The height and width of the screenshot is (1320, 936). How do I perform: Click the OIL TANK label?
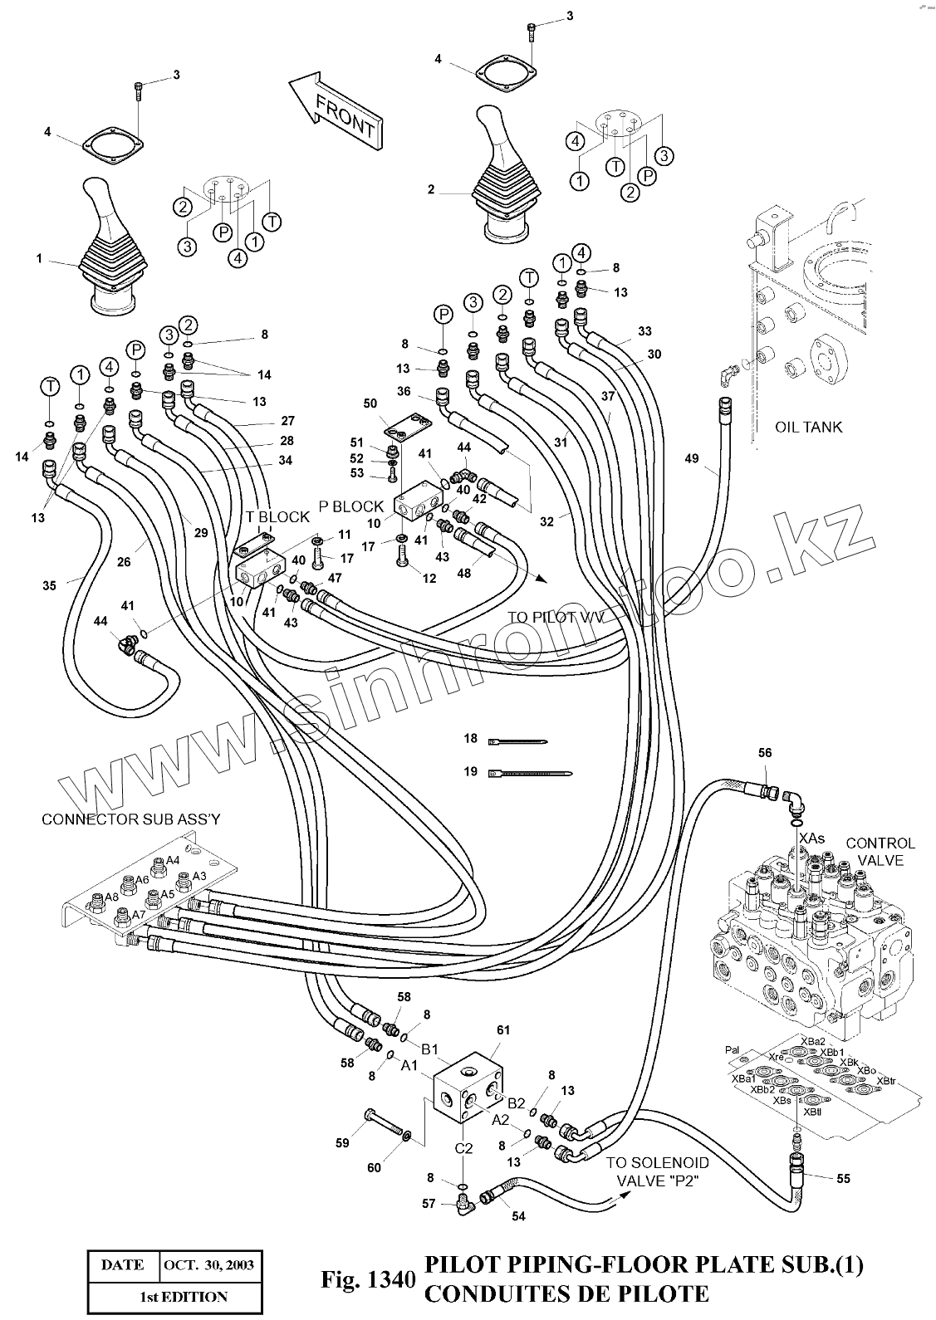(807, 427)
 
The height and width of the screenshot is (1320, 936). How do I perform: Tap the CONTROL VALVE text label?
(880, 851)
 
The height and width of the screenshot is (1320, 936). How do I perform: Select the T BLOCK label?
(277, 516)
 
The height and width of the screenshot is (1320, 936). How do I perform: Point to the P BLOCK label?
(351, 506)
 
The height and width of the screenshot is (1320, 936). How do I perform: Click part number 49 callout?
(692, 457)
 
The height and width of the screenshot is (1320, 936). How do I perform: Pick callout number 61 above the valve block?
(502, 1029)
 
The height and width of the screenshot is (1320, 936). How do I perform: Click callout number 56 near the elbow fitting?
(765, 753)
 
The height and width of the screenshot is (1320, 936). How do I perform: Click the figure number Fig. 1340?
(366, 1280)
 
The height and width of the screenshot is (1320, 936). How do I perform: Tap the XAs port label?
(811, 838)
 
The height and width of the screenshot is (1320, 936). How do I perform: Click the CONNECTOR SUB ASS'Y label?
(131, 819)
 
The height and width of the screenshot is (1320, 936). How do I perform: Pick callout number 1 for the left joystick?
(38, 258)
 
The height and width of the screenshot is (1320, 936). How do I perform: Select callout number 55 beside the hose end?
(843, 1177)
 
